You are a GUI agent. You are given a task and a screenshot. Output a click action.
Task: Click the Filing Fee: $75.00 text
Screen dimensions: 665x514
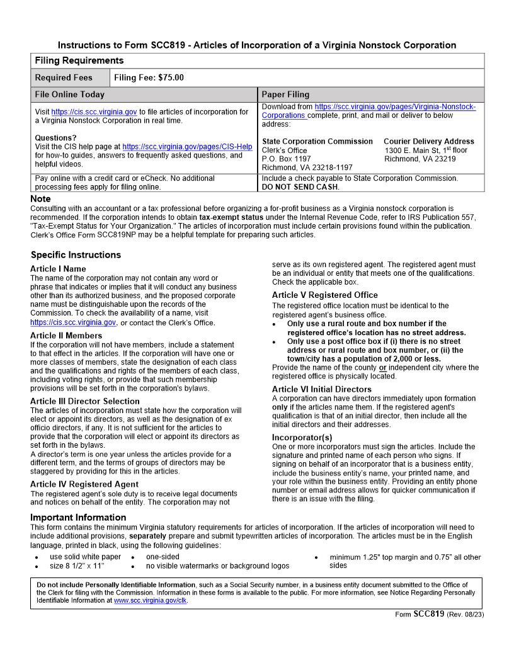(149, 78)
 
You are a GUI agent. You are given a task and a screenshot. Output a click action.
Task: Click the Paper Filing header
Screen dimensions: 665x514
(285, 94)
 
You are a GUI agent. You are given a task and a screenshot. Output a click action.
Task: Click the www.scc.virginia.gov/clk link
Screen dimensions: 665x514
(151, 601)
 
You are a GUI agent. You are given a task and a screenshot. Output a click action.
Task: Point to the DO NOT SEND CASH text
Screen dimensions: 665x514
(300, 187)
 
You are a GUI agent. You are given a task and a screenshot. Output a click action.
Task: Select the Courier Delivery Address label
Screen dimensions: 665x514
(428, 142)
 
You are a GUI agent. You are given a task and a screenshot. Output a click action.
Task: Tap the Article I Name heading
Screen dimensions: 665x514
(58, 269)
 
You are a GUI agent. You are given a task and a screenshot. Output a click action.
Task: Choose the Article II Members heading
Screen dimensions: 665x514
(66, 336)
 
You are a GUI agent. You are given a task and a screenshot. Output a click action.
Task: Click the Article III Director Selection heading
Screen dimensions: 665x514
(84, 401)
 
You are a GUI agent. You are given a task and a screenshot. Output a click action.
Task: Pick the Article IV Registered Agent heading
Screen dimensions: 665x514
(84, 484)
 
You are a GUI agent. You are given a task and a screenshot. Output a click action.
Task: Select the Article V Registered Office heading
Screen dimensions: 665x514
(324, 295)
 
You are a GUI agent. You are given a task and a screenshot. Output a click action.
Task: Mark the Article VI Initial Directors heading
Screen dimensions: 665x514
(321, 389)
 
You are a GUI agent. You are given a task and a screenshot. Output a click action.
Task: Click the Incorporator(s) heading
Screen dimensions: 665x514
(302, 437)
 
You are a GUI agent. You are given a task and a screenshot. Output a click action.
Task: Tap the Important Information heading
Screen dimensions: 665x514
(78, 518)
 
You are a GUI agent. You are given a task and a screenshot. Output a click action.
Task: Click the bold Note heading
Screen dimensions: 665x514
(41, 199)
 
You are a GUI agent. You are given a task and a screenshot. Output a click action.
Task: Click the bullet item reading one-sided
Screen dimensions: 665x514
(163, 557)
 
